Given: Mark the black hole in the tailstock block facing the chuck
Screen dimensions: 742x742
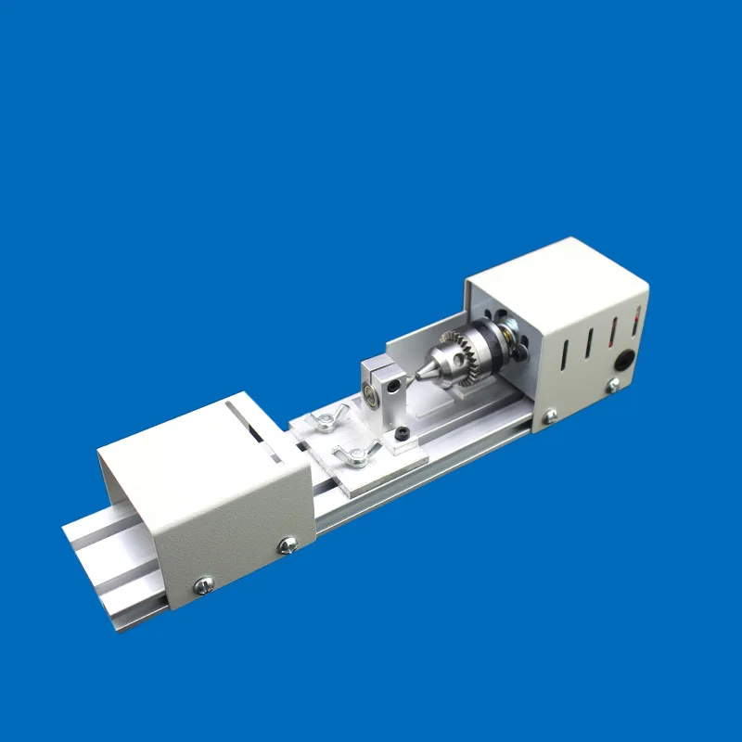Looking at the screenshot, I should tap(398, 380).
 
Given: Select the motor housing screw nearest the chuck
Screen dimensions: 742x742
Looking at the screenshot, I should tap(550, 415).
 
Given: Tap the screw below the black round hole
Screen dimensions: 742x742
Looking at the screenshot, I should tap(612, 384).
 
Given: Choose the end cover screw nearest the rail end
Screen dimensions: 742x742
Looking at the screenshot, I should tap(204, 583).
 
